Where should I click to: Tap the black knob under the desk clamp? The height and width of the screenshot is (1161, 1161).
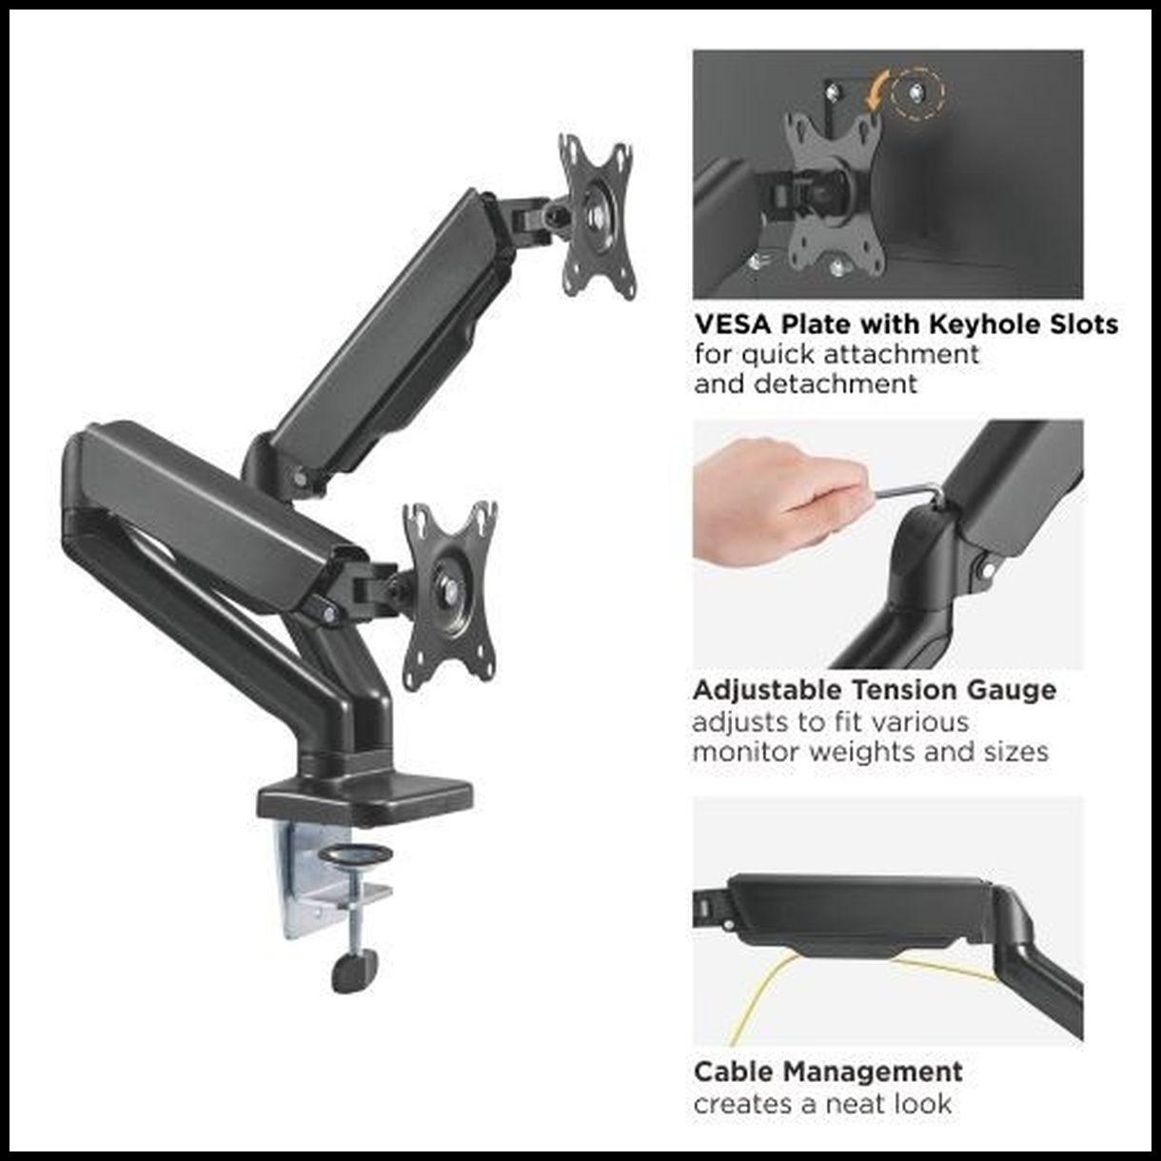354,973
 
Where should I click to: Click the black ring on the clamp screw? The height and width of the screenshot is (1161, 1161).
356,855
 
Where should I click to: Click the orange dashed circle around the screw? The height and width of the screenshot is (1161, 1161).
917,92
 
